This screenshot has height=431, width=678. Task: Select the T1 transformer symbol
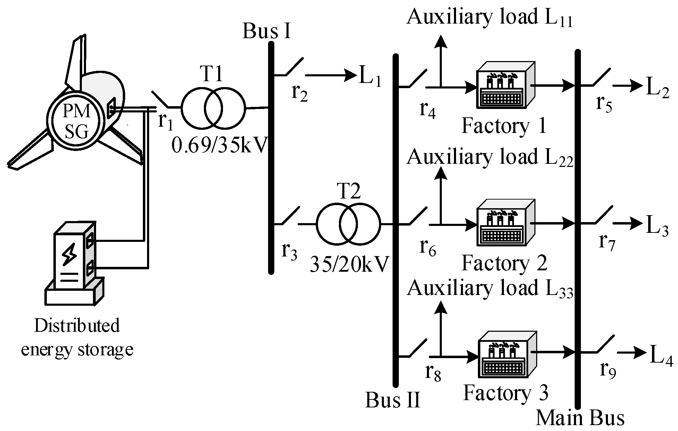pos(213,108)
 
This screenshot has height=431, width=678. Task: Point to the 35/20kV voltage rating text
pos(350,265)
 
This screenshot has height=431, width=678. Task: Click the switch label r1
pos(165,121)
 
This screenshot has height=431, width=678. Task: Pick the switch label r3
pos(289,251)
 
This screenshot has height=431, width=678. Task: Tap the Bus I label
pos(266,31)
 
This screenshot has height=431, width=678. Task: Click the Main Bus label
pos(580,418)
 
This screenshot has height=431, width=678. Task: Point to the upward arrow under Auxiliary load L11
pos(440,59)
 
